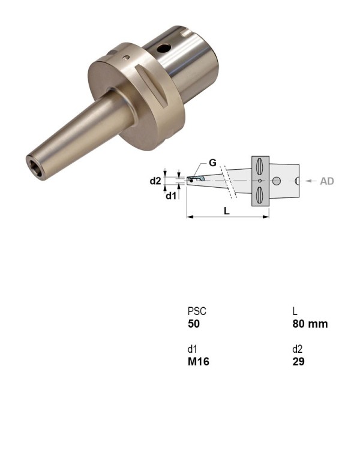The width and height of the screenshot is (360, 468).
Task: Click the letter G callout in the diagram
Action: (x=212, y=163)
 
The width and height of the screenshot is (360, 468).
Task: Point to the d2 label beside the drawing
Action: (x=155, y=181)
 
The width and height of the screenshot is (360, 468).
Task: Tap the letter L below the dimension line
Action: (x=226, y=212)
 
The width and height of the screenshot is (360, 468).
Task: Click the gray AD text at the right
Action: (x=326, y=181)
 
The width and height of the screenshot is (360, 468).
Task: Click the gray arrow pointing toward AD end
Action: (x=310, y=181)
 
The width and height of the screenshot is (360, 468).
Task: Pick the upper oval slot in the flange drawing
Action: (x=259, y=165)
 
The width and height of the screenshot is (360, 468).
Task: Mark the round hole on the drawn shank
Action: (x=277, y=181)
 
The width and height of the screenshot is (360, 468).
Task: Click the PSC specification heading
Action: (x=197, y=312)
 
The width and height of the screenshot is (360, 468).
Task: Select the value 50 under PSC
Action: (x=193, y=324)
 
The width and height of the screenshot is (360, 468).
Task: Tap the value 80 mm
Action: (x=310, y=324)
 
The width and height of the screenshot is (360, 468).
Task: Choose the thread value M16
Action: (x=199, y=362)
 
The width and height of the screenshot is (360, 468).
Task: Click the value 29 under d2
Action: (x=298, y=362)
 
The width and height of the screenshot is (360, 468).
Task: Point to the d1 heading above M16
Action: (x=191, y=350)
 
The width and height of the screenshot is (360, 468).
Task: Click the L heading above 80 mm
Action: (x=295, y=312)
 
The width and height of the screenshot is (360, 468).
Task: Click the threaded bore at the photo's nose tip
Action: (x=33, y=163)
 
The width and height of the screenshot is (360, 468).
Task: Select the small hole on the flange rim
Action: (x=126, y=58)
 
